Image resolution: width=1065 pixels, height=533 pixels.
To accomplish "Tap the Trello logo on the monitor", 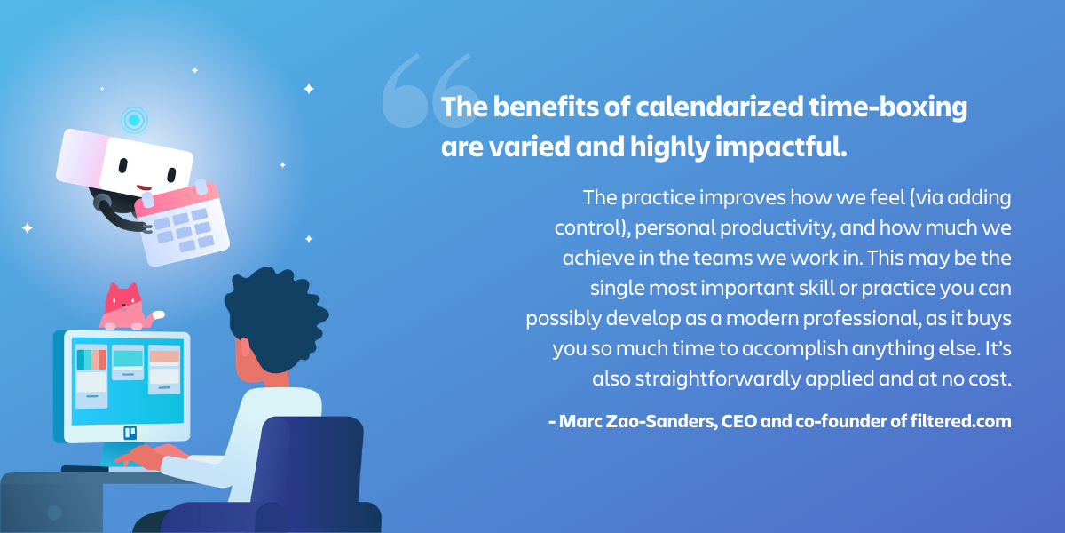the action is [x=130, y=433].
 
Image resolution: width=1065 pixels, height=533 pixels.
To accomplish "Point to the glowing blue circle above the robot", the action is [x=134, y=120].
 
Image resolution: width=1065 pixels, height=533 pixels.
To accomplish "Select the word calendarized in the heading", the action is [x=719, y=107].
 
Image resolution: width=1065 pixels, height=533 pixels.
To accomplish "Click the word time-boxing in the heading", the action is [x=887, y=108].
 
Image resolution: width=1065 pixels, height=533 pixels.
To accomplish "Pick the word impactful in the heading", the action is [x=781, y=147].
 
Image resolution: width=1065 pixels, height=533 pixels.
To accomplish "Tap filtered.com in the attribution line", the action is [x=960, y=421].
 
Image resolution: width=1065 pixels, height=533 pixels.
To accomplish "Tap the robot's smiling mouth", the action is [x=144, y=188].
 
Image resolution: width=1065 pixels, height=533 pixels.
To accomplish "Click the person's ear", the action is [x=245, y=347].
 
